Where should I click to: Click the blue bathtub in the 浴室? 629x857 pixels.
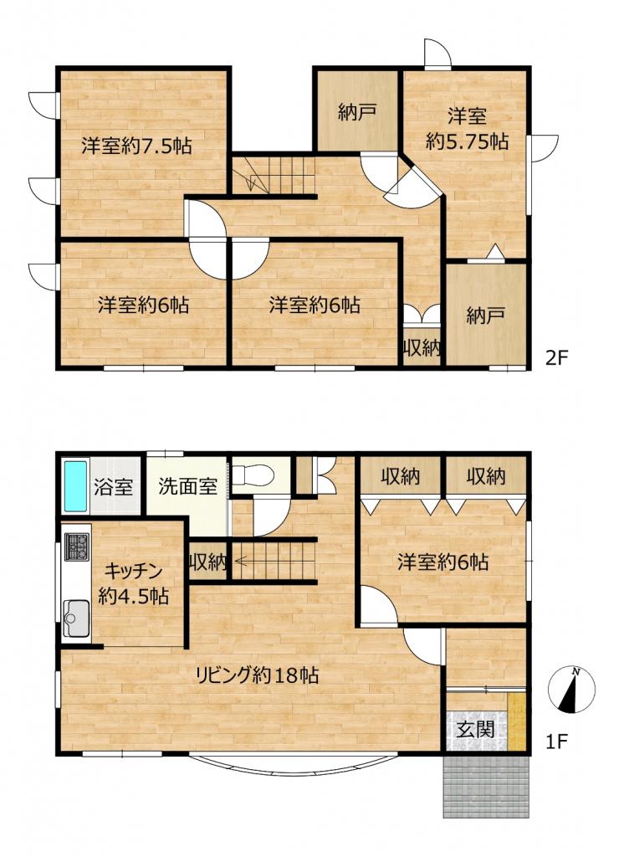pos(76,486)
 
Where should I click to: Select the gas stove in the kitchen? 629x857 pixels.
pos(77,547)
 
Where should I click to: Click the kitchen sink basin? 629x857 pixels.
pos(77,618)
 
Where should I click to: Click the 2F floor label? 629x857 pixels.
pos(557,358)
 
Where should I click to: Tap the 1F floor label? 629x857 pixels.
pos(557,742)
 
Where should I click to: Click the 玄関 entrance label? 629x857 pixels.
pos(476,729)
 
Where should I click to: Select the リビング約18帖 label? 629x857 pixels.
pos(257,675)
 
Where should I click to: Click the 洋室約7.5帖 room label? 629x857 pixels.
pos(136,146)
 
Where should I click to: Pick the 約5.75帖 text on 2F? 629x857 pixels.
pos(467,141)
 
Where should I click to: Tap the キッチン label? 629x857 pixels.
pos(134,572)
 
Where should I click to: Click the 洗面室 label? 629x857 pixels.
pos(188,486)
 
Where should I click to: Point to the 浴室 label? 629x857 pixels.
pos(114,486)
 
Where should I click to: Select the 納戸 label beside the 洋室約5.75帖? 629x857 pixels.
pos(357,113)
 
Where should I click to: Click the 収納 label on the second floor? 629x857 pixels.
pos(422,347)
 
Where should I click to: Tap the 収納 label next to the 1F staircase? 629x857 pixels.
pos(207,562)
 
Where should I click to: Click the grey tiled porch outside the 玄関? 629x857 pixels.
pos(487,786)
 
